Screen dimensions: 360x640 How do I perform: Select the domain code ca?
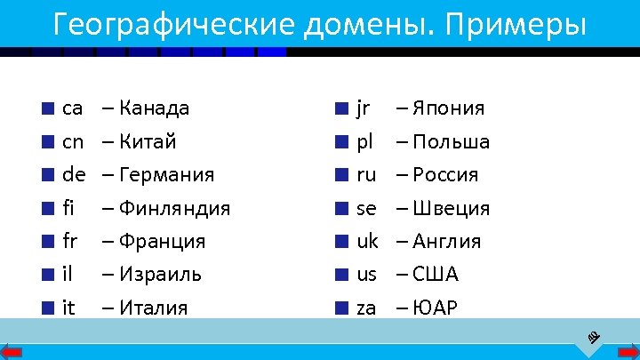(73, 108)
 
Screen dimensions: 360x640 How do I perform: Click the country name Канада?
(154, 108)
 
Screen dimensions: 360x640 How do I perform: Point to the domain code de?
(74, 174)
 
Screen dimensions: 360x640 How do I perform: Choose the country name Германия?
(166, 174)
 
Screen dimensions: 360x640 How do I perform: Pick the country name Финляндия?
(174, 208)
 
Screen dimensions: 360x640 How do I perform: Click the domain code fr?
(70, 241)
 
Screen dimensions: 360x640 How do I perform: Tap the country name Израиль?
(160, 274)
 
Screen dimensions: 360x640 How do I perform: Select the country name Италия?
(153, 308)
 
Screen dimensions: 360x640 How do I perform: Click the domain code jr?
(363, 108)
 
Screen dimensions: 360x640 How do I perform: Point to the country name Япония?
(449, 108)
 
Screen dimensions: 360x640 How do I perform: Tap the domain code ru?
(366, 174)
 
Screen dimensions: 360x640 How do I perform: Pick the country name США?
(436, 274)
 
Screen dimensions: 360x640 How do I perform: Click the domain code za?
(366, 308)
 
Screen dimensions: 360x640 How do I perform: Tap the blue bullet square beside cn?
(46, 142)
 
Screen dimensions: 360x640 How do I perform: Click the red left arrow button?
(15, 350)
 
